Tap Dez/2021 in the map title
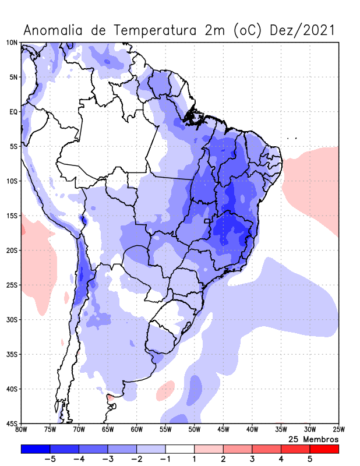pos(303,30)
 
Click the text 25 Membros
pos(313,439)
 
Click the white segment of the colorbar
pos(180,449)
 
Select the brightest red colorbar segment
pos(324,449)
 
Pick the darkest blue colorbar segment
pos(35,449)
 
